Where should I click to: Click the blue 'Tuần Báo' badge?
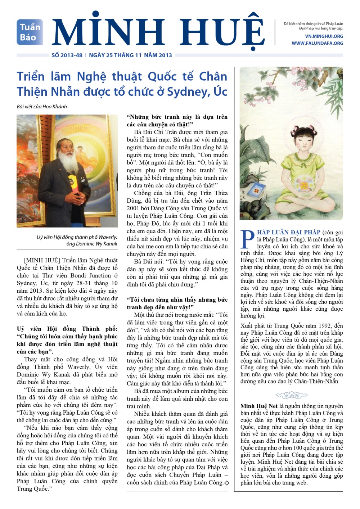point(30,32)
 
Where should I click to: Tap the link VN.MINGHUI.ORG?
point(324,36)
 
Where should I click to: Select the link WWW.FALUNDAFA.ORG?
point(317,43)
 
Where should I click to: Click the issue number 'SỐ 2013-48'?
point(67,55)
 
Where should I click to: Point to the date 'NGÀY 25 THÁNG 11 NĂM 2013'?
point(130,55)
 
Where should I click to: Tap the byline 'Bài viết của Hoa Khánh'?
point(42,107)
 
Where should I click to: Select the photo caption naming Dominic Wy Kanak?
point(77,240)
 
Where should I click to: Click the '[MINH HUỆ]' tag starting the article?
point(42,260)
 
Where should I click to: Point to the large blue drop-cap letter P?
point(248,239)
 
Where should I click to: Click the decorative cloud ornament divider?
point(291,395)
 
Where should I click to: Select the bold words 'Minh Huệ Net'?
point(259,406)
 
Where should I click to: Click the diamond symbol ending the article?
point(226,483)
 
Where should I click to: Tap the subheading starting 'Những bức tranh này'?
point(177,121)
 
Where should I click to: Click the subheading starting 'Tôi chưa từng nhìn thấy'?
point(177,303)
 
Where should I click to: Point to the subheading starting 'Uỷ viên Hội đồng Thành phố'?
point(67,340)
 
